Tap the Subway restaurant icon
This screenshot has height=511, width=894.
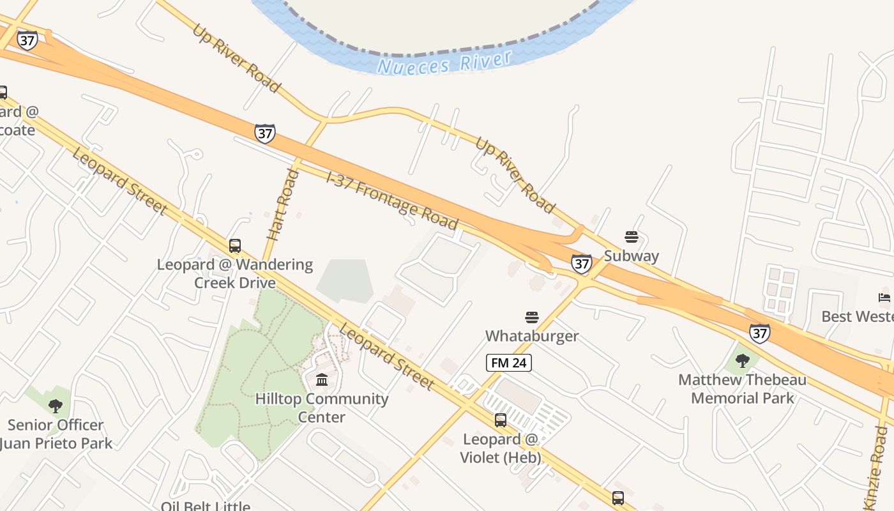pos(632,238)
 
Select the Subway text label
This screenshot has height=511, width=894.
pos(632,256)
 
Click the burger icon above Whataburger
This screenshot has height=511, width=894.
pos(532,317)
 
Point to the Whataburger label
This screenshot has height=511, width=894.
pos(532,336)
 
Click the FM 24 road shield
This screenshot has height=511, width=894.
pos(509,363)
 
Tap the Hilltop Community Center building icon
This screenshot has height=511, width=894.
pos(322,380)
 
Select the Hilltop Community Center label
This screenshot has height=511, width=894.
pos(322,408)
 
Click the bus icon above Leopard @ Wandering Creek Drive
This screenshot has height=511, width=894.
pos(235,246)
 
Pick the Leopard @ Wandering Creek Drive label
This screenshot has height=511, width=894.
pos(235,273)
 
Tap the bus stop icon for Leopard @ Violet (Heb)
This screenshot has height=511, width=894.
pos(501,420)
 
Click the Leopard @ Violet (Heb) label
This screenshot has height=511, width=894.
pos(501,448)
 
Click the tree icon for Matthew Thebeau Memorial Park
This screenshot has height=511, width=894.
pos(742,361)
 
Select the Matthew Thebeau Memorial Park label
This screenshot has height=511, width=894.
pos(742,389)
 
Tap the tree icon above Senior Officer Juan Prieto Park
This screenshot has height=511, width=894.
pos(56,406)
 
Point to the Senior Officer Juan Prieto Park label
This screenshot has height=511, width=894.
pos(56,434)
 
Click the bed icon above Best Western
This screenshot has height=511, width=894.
pos(884,298)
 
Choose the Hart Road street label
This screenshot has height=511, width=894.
pos(283,204)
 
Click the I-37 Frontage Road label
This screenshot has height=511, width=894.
pos(392,200)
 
